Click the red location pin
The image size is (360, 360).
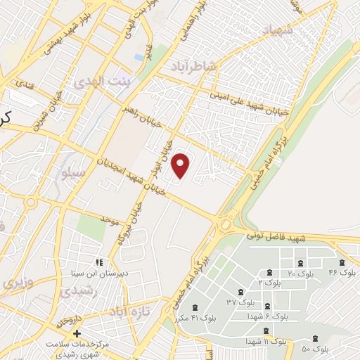[181, 166]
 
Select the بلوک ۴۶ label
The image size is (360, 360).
[343, 271]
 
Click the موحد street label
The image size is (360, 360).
[108, 221]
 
